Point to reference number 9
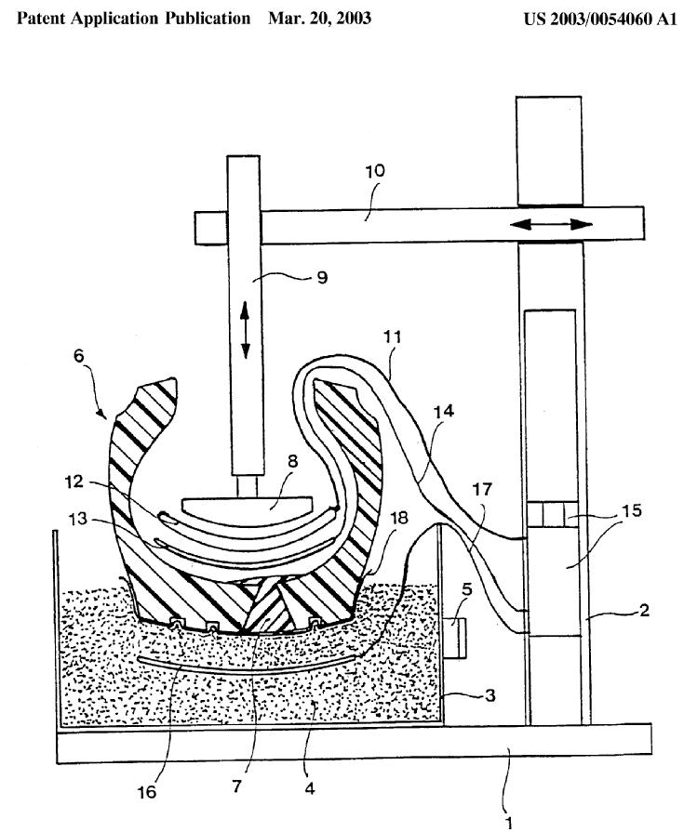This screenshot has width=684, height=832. click(x=322, y=277)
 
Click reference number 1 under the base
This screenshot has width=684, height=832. click(x=508, y=821)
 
